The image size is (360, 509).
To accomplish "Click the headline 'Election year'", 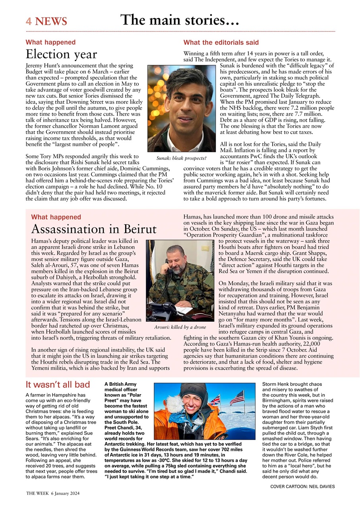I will coord(61,54).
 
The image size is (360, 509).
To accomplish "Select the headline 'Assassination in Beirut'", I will coord(94,229).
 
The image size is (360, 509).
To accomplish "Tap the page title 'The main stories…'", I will coord(180,19).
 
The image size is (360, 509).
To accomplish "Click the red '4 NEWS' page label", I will coord(46,21).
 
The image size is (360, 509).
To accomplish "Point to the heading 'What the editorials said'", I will coord(221,42).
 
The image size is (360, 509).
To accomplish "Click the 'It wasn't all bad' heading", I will coord(58,385).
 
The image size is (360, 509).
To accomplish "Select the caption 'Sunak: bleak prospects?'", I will coord(181,158).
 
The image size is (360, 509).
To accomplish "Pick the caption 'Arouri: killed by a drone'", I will coord(180,327).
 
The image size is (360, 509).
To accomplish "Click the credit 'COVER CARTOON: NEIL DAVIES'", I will coord(302,486).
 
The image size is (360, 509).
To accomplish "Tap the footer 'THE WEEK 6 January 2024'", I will coord(53,493).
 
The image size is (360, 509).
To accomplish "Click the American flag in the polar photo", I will coord(237,398).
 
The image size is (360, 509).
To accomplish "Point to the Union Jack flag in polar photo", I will coord(215,400).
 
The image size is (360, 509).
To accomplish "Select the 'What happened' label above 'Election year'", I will coord(50,42).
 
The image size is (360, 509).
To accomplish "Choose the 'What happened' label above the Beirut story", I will coord(56,217).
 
